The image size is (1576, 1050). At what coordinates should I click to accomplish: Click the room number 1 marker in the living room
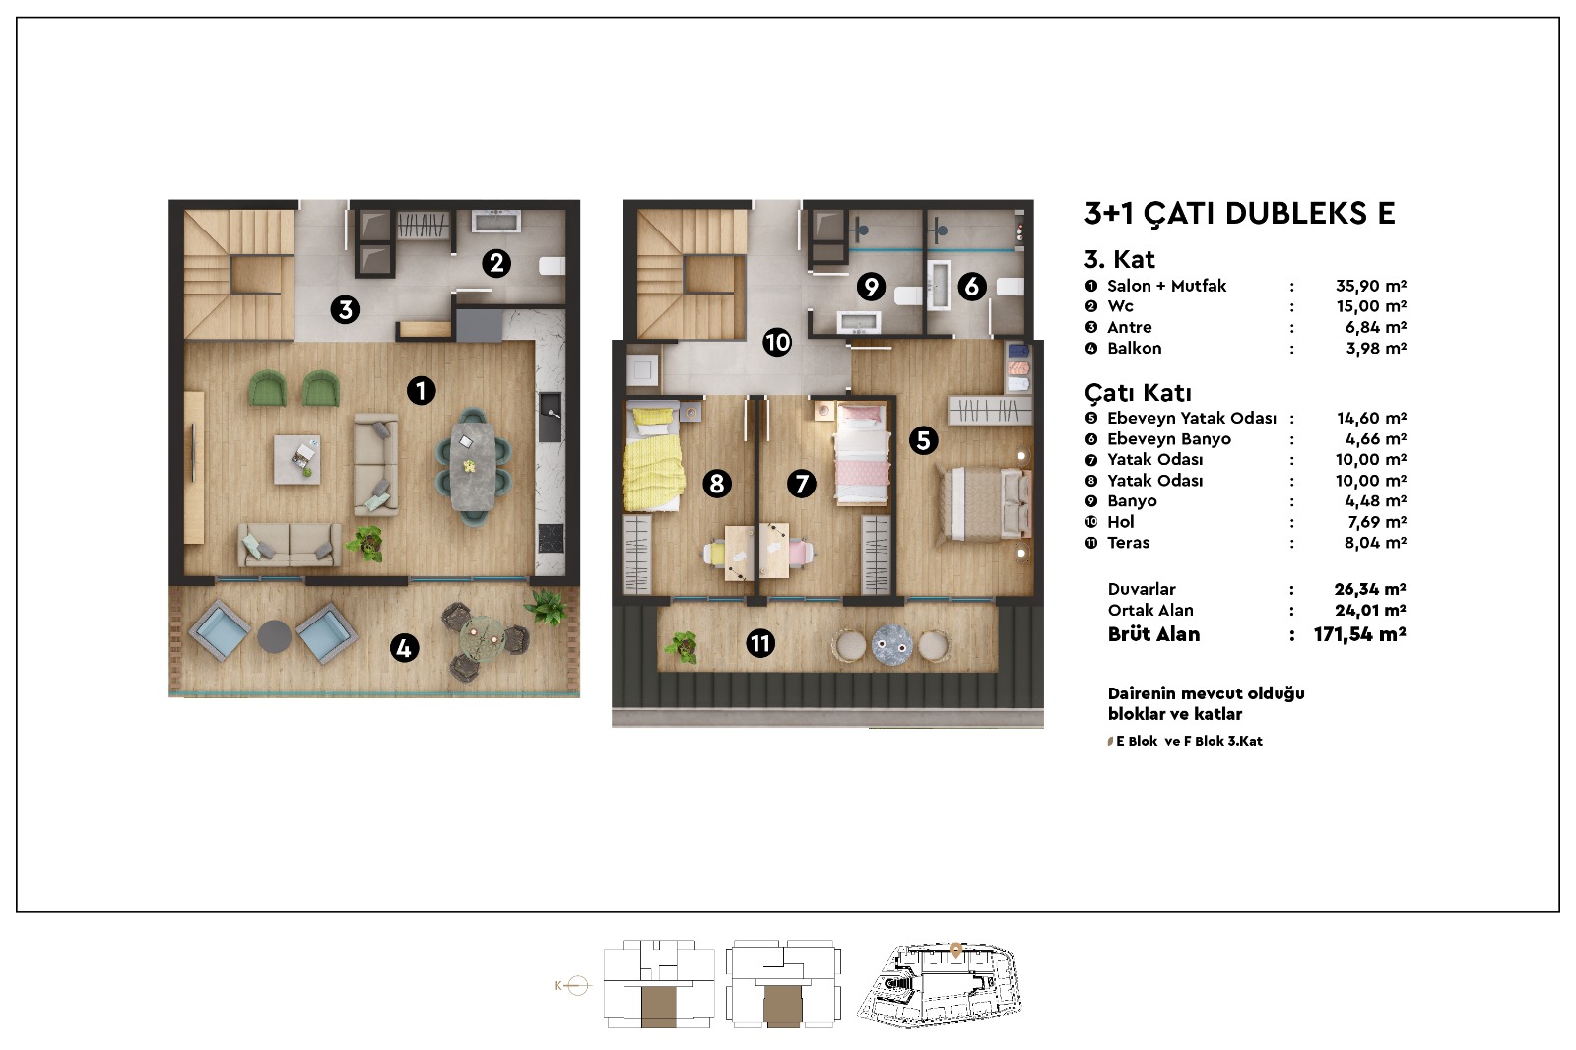pos(421,391)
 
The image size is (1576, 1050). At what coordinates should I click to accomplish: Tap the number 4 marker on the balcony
pos(404,648)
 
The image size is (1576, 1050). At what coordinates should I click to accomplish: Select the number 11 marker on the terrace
pos(759,644)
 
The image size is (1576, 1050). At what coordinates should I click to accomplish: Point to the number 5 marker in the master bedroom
pos(923,441)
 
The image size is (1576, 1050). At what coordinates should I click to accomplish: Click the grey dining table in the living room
pos(473,466)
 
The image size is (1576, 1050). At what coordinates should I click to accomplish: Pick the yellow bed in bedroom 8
pos(653,457)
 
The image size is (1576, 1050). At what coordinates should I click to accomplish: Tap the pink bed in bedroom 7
pos(861,452)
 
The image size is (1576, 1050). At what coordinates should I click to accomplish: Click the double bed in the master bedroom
pos(983,504)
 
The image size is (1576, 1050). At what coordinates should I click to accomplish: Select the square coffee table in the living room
pos(296,459)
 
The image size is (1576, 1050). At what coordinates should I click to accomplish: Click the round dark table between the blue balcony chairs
pos(275,636)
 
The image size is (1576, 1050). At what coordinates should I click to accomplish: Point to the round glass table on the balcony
pos(482,639)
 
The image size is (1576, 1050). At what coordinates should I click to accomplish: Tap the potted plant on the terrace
pos(682,646)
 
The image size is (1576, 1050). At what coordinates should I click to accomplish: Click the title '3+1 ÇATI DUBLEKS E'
pos(1239,213)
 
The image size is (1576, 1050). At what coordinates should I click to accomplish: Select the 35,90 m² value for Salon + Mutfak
pos(1370,286)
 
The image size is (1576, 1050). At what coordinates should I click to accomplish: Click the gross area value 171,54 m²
pos(1359,634)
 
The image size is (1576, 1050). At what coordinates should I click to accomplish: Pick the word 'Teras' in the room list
pos(1128,543)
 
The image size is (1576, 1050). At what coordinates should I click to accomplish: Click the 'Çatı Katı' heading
pos(1137,393)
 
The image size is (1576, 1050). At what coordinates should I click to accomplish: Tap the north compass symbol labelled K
pos(571,985)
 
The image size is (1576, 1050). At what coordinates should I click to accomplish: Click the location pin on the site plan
pos(955,951)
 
